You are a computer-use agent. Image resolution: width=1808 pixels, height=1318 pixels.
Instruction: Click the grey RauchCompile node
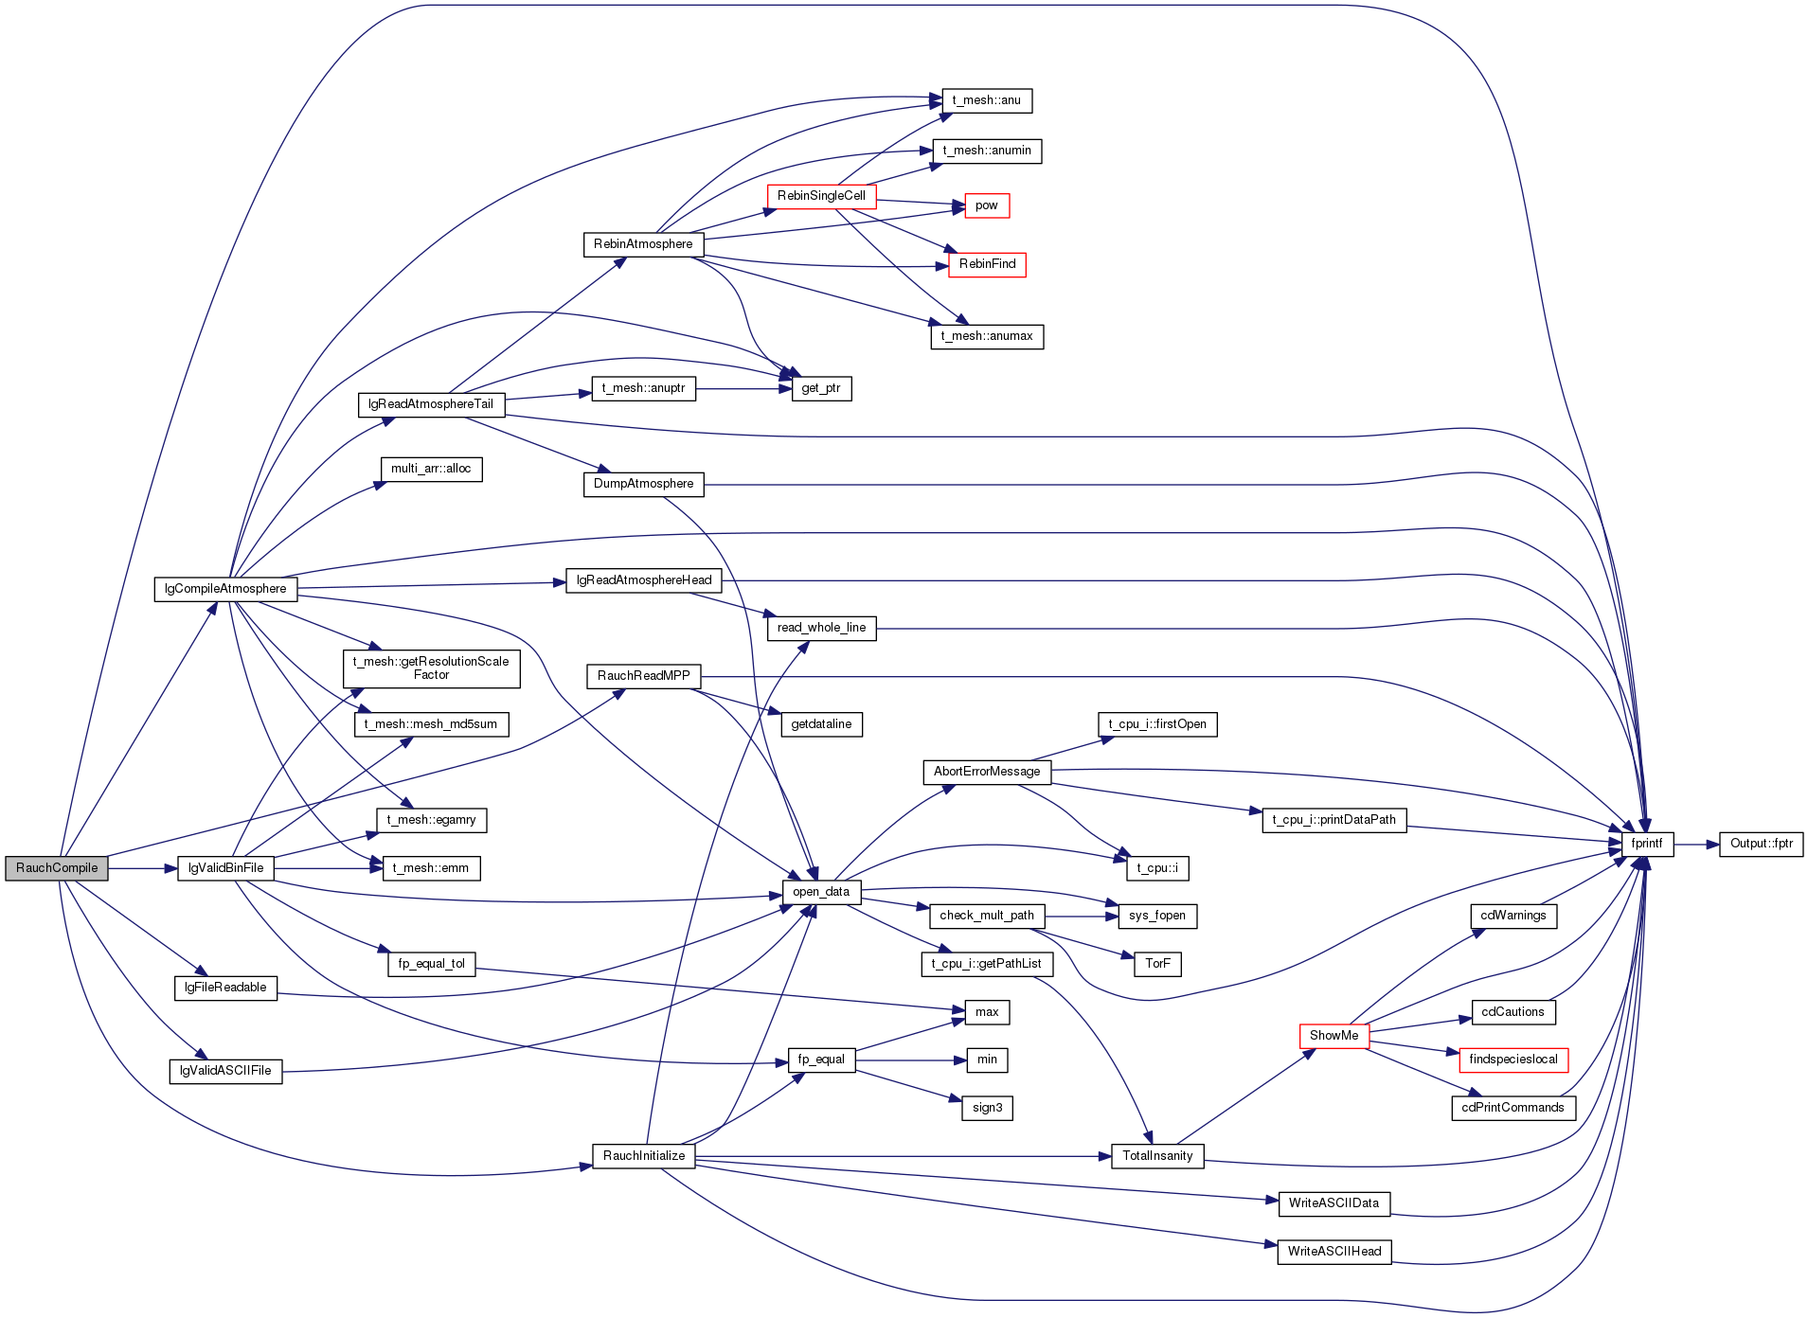tap(57, 868)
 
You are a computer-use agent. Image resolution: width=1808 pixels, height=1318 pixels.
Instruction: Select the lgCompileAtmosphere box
tap(225, 589)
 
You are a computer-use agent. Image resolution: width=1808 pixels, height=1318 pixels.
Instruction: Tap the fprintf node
tap(1647, 844)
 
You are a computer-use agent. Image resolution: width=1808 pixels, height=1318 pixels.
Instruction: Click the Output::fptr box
tap(1762, 844)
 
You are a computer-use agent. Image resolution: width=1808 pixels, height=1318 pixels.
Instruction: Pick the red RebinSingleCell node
tap(821, 196)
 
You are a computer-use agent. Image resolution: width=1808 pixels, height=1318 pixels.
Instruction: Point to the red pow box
tap(987, 205)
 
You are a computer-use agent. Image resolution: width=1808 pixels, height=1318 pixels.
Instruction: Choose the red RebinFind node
tap(987, 264)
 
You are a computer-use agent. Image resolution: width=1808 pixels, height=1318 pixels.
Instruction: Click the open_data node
tap(821, 892)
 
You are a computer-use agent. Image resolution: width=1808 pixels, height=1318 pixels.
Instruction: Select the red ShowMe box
tap(1334, 1036)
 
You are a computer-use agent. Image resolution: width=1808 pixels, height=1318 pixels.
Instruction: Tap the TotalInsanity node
tap(1157, 1156)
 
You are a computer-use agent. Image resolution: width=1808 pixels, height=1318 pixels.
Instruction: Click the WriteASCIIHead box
tap(1334, 1252)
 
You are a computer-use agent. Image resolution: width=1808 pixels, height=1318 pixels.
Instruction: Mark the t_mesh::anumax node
tap(987, 336)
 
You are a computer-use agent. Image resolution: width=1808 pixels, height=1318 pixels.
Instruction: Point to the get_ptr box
tap(821, 388)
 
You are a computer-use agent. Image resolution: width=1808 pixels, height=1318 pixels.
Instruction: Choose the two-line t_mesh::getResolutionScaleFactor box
tap(431, 668)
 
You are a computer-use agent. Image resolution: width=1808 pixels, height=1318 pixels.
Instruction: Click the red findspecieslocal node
tap(1513, 1060)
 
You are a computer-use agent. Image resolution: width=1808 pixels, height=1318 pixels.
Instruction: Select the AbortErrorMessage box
tap(987, 772)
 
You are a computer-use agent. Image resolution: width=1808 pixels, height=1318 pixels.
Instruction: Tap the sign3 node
tap(987, 1108)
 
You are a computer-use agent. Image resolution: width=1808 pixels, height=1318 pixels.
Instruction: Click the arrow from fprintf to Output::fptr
tap(1696, 844)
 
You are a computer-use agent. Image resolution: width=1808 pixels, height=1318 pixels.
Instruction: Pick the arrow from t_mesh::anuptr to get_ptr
tap(743, 388)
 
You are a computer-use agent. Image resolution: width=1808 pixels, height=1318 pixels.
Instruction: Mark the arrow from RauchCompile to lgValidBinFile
tap(143, 868)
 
